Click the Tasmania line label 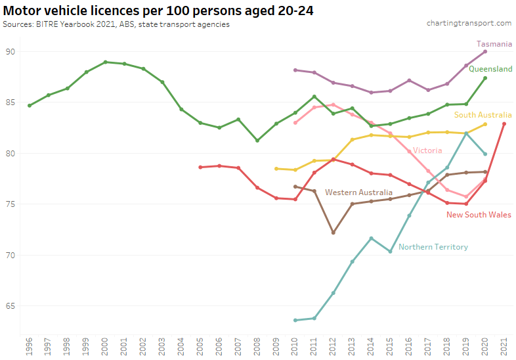point(494,43)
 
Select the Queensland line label point(490,69)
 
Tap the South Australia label point(483,115)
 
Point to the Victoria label point(427,150)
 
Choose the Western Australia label point(368,192)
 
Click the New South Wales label point(479,215)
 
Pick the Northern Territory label point(433,247)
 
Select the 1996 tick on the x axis point(30,346)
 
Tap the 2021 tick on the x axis point(504,346)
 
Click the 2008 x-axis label point(257,346)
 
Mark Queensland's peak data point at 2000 point(106,62)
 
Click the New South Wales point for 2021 point(504,124)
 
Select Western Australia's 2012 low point point(333,233)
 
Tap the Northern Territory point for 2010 point(295,321)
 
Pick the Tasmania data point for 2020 point(485,51)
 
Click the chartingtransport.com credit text point(469,23)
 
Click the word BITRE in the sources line point(47,24)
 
